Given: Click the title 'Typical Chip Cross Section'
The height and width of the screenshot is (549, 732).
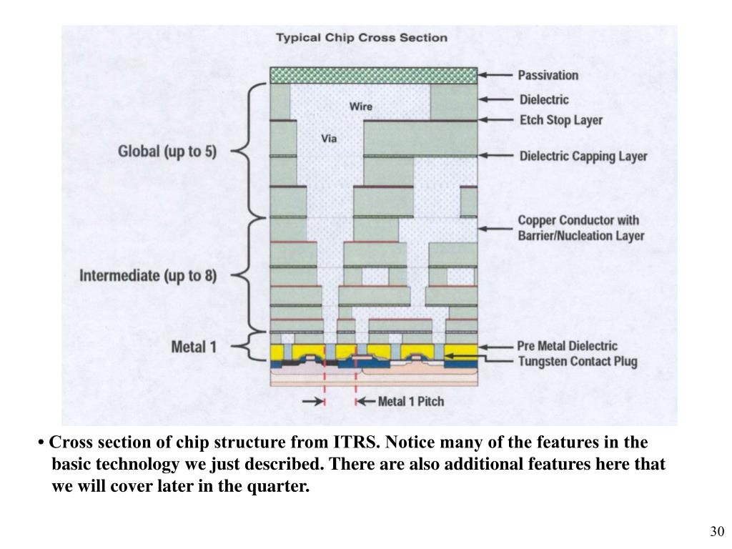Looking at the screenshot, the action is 362,37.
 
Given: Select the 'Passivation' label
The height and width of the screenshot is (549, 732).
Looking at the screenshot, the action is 548,75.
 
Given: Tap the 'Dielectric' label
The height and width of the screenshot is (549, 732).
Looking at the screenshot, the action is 544,99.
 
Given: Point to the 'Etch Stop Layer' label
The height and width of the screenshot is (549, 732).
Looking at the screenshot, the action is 560,120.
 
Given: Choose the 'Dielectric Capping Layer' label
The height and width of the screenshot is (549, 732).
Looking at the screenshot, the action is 583,156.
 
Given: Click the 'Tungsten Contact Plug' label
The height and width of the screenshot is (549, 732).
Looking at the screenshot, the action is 577,362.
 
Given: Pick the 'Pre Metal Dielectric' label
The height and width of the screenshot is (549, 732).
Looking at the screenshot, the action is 568,346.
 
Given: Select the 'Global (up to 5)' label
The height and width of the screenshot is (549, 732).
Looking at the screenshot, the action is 167,152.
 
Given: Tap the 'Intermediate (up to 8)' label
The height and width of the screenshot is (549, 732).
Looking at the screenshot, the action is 148,275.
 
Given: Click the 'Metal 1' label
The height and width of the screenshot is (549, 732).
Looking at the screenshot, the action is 194,348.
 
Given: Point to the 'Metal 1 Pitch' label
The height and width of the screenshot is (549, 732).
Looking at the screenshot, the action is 410,401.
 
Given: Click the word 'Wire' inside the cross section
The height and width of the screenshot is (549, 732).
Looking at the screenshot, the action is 360,107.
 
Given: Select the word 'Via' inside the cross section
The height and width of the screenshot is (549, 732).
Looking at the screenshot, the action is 328,139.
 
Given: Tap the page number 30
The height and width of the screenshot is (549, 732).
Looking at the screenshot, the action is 717,532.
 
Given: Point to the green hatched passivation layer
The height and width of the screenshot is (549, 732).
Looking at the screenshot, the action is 373,75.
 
